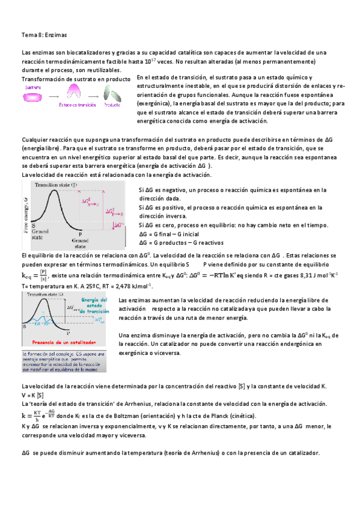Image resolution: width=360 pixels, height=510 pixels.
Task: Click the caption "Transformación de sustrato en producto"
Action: click(76, 79)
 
